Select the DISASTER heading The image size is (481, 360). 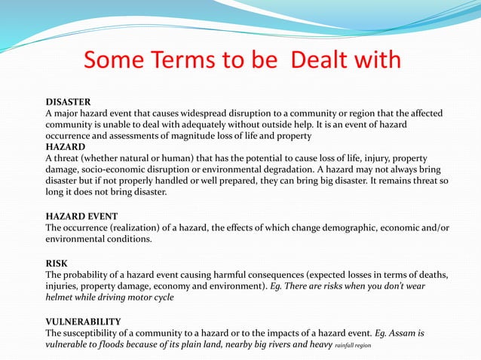tap(69, 101)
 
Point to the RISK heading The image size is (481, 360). tap(57, 263)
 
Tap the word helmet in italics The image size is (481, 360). tap(62, 297)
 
